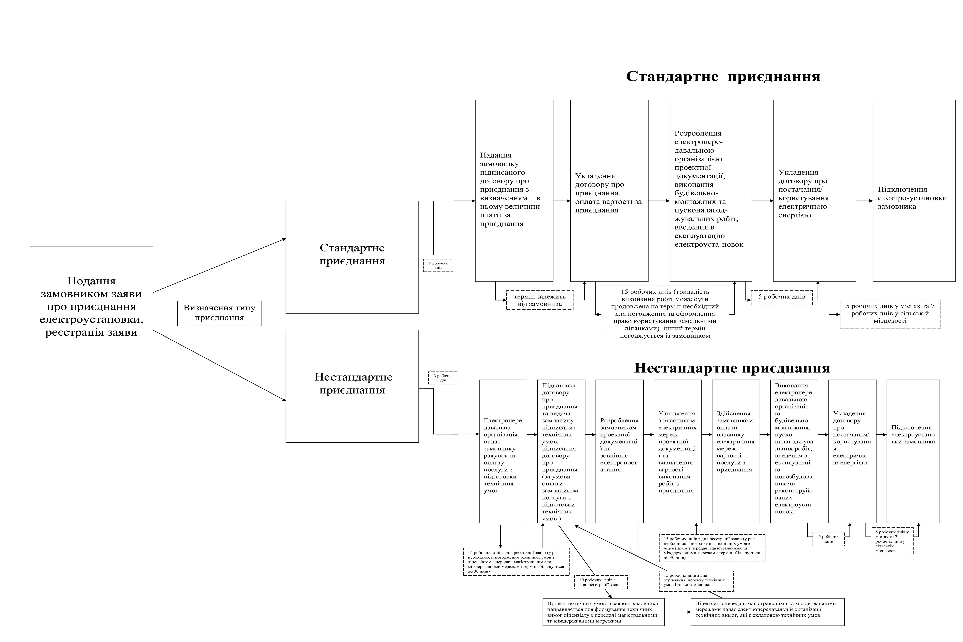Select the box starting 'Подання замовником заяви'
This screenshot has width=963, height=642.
(91, 313)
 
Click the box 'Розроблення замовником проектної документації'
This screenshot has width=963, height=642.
(619, 451)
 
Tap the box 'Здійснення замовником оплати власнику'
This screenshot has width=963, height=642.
(736, 451)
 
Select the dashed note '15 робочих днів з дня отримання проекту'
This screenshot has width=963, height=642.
(696, 581)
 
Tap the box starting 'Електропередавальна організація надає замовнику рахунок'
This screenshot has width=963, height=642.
(503, 451)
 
